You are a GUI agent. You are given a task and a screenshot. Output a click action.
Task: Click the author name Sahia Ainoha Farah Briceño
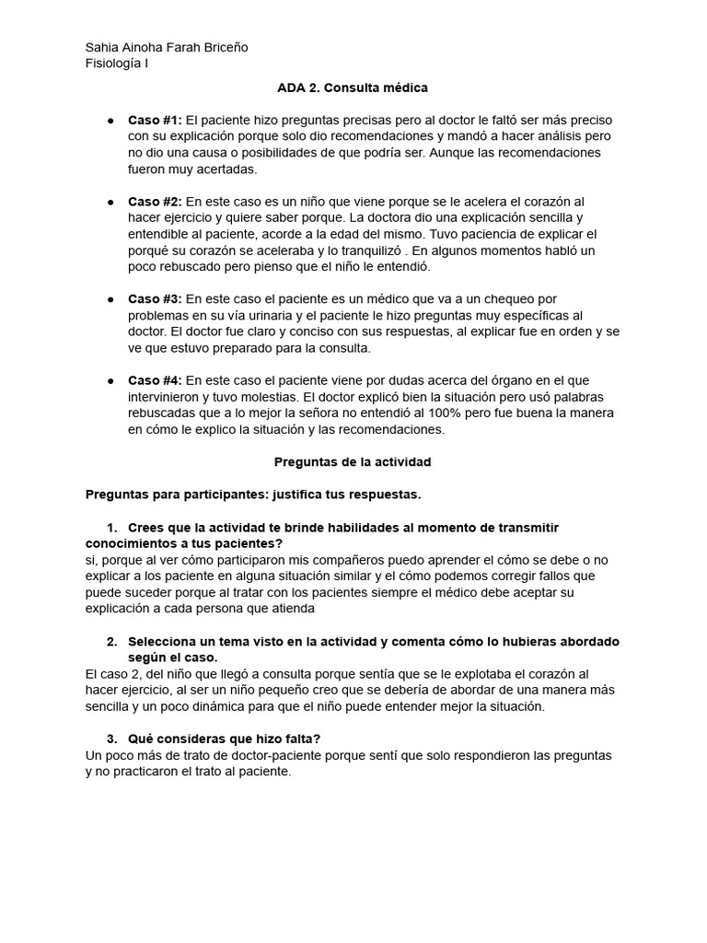point(166,47)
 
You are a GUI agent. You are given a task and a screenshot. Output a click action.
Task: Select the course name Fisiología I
point(116,63)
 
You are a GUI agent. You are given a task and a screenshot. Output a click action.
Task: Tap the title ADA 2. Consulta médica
point(353,87)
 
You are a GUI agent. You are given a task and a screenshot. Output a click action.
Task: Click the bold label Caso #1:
point(155,121)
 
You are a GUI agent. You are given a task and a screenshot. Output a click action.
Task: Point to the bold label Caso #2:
point(155,202)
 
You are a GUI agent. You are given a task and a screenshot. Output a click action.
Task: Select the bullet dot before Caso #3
point(110,299)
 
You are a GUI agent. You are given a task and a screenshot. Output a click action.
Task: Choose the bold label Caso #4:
point(155,380)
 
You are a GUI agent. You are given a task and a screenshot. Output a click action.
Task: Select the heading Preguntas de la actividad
point(353,461)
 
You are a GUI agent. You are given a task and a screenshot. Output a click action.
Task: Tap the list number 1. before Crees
point(112,527)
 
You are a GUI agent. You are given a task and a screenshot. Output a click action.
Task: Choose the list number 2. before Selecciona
point(112,641)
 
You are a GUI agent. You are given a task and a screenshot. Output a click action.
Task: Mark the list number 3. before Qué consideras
point(112,739)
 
